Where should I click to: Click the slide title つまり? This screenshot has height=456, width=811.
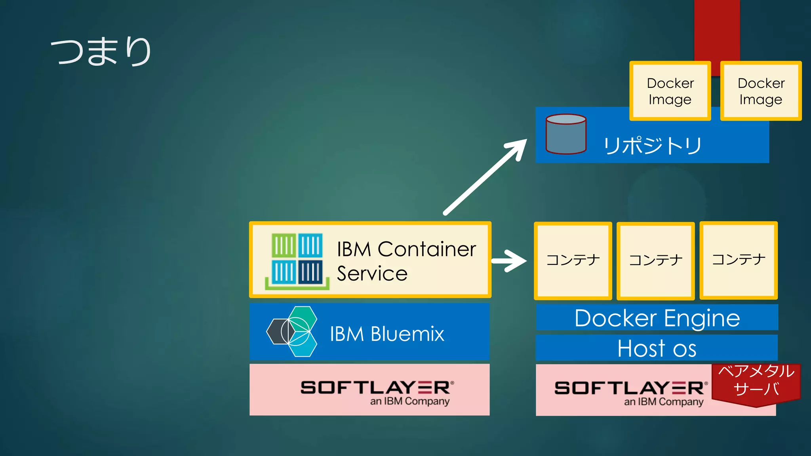101,51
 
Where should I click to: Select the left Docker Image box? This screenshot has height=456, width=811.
670,91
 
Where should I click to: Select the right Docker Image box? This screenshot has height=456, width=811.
761,91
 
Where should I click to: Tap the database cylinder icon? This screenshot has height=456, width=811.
565,134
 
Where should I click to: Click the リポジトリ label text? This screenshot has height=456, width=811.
652,146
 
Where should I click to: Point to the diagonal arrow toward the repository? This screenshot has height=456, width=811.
485,177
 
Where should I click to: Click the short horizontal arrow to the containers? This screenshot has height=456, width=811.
509,260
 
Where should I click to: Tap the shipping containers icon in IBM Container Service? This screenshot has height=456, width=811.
297,260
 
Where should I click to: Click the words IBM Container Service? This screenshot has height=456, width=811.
406,261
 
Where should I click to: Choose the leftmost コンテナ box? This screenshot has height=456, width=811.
573,260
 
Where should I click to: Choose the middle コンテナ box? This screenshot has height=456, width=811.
655,260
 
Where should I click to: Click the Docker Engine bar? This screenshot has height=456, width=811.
657,318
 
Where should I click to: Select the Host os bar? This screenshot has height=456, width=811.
657,348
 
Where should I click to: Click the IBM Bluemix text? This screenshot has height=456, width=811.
387,334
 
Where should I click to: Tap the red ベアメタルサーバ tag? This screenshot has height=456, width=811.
756,382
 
